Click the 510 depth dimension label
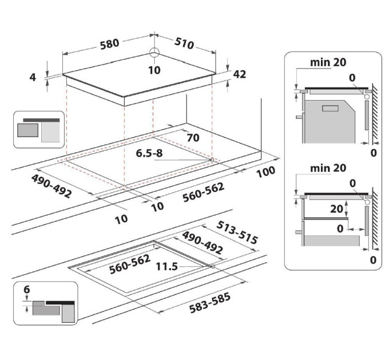(184, 43)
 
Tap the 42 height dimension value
(240, 74)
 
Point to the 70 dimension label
(193, 137)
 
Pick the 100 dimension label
(266, 171)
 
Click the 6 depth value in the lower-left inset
(26, 290)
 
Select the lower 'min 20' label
(327, 169)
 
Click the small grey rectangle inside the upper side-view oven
(331, 109)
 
